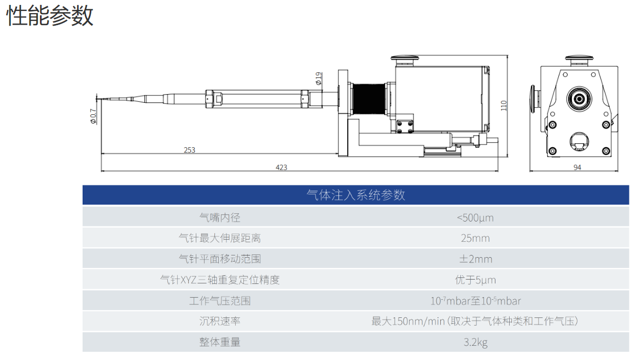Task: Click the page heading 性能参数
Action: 50,16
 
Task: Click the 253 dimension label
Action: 189,150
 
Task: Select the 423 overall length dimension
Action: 282,167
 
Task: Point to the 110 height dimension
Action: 504,106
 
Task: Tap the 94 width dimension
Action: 577,167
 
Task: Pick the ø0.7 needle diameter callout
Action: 94,117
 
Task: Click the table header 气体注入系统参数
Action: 355,195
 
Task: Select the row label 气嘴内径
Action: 220,217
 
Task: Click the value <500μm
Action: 475,217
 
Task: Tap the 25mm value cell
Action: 475,238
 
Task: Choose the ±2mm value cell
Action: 475,259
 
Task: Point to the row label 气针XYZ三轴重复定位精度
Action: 220,280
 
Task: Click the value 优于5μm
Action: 475,280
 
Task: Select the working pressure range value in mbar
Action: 475,300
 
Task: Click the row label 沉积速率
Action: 220,321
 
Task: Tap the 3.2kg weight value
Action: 475,342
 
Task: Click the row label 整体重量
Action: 220,342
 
